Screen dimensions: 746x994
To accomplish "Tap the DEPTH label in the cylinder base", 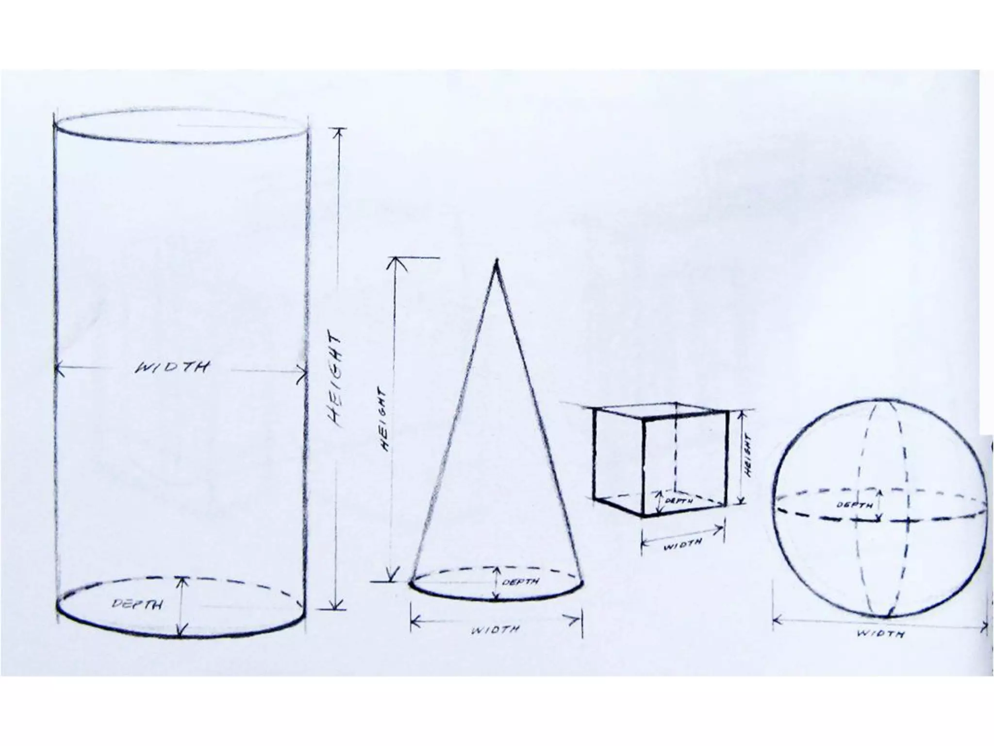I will coord(137,605).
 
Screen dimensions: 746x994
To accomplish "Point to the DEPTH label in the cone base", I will coord(520,581).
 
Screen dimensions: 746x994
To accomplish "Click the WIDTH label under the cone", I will coord(496,630).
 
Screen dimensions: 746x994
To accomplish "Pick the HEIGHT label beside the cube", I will coord(748,455).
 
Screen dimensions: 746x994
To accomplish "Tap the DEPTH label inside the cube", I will coord(679,500).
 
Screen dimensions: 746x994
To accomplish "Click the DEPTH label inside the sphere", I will coord(855,505).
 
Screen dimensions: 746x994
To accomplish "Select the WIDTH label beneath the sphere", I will coord(880,634).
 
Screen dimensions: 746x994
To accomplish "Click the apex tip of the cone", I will coord(496,262).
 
